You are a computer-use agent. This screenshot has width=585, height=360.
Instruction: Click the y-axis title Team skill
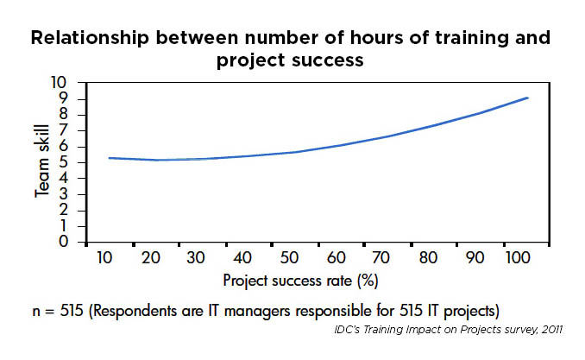[41, 162]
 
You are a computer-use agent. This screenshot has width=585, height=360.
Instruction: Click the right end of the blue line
[528, 98]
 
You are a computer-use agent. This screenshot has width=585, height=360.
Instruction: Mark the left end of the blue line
[109, 158]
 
